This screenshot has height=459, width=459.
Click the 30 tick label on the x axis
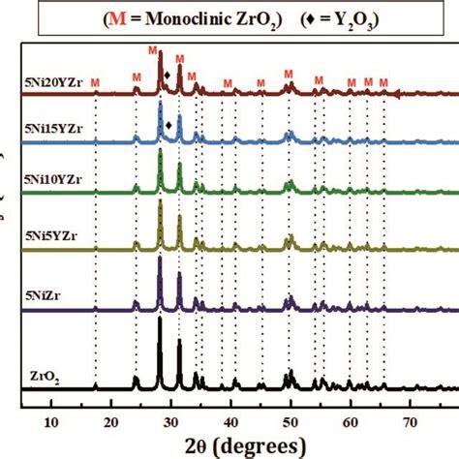(171, 420)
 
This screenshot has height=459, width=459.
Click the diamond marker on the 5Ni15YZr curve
(169, 125)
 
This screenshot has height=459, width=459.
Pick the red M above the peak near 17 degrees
(95, 83)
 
